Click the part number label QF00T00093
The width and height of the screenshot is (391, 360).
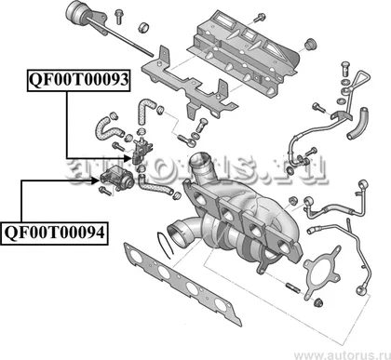78,80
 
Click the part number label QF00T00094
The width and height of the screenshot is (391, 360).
55,233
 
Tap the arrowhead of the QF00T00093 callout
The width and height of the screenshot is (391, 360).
128,158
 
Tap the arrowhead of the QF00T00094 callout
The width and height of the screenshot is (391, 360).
96,180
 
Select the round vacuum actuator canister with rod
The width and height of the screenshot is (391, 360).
76,12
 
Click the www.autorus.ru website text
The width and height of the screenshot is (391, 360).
343,354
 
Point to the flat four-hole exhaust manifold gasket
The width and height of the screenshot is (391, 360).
182,284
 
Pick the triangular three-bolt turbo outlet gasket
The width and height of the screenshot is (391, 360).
322,273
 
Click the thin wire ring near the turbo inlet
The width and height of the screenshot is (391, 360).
165,245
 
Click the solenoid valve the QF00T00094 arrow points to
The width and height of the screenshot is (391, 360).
117,177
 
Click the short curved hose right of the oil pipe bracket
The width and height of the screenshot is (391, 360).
358,123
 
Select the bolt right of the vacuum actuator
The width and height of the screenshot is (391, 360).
118,17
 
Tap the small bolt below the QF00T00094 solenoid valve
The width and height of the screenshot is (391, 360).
105,191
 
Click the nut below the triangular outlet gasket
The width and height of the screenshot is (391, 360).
317,302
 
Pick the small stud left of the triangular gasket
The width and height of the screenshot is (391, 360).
293,287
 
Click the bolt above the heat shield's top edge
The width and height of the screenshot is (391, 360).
259,18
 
